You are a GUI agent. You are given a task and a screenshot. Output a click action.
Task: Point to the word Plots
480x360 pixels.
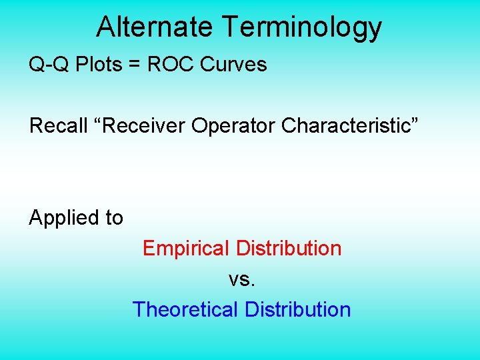pos(97,65)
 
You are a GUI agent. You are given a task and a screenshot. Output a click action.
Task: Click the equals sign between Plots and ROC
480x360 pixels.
pos(135,65)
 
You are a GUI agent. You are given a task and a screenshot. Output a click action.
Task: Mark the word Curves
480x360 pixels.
pos(233,65)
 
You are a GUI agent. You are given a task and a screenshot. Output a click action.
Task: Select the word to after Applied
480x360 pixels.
pos(112,219)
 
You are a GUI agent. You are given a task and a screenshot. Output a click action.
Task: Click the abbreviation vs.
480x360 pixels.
pos(242,280)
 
